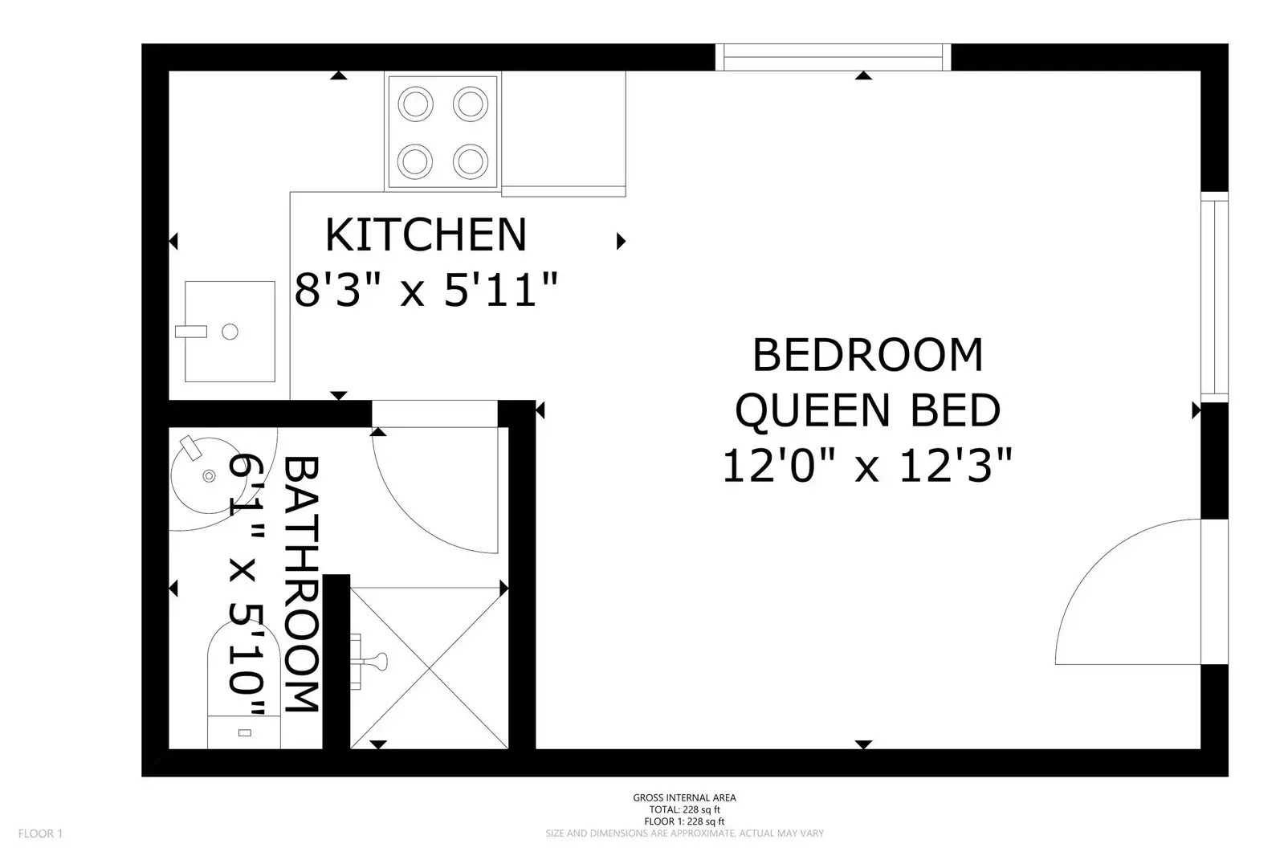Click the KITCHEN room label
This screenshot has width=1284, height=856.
[x=426, y=234]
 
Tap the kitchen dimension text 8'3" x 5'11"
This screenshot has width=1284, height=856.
[x=426, y=290]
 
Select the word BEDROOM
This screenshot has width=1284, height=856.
[x=868, y=355]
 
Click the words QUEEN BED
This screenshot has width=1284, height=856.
[x=868, y=410]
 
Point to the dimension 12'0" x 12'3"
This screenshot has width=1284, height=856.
[x=868, y=466]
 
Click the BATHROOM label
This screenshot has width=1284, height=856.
[x=301, y=585]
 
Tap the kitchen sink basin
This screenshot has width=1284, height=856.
[x=230, y=332]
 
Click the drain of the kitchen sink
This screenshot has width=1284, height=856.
[x=230, y=332]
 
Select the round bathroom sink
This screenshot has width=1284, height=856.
[x=209, y=475]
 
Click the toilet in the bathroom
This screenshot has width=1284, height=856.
[x=243, y=687]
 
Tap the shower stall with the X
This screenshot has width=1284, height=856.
[x=430, y=668]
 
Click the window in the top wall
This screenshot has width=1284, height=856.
[x=833, y=57]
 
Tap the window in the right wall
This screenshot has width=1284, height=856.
[x=1215, y=297]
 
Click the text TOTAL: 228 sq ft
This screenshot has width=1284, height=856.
[x=684, y=809]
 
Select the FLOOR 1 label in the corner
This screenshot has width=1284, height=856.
[x=40, y=834]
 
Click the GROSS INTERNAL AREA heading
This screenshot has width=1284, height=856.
[x=684, y=797]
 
